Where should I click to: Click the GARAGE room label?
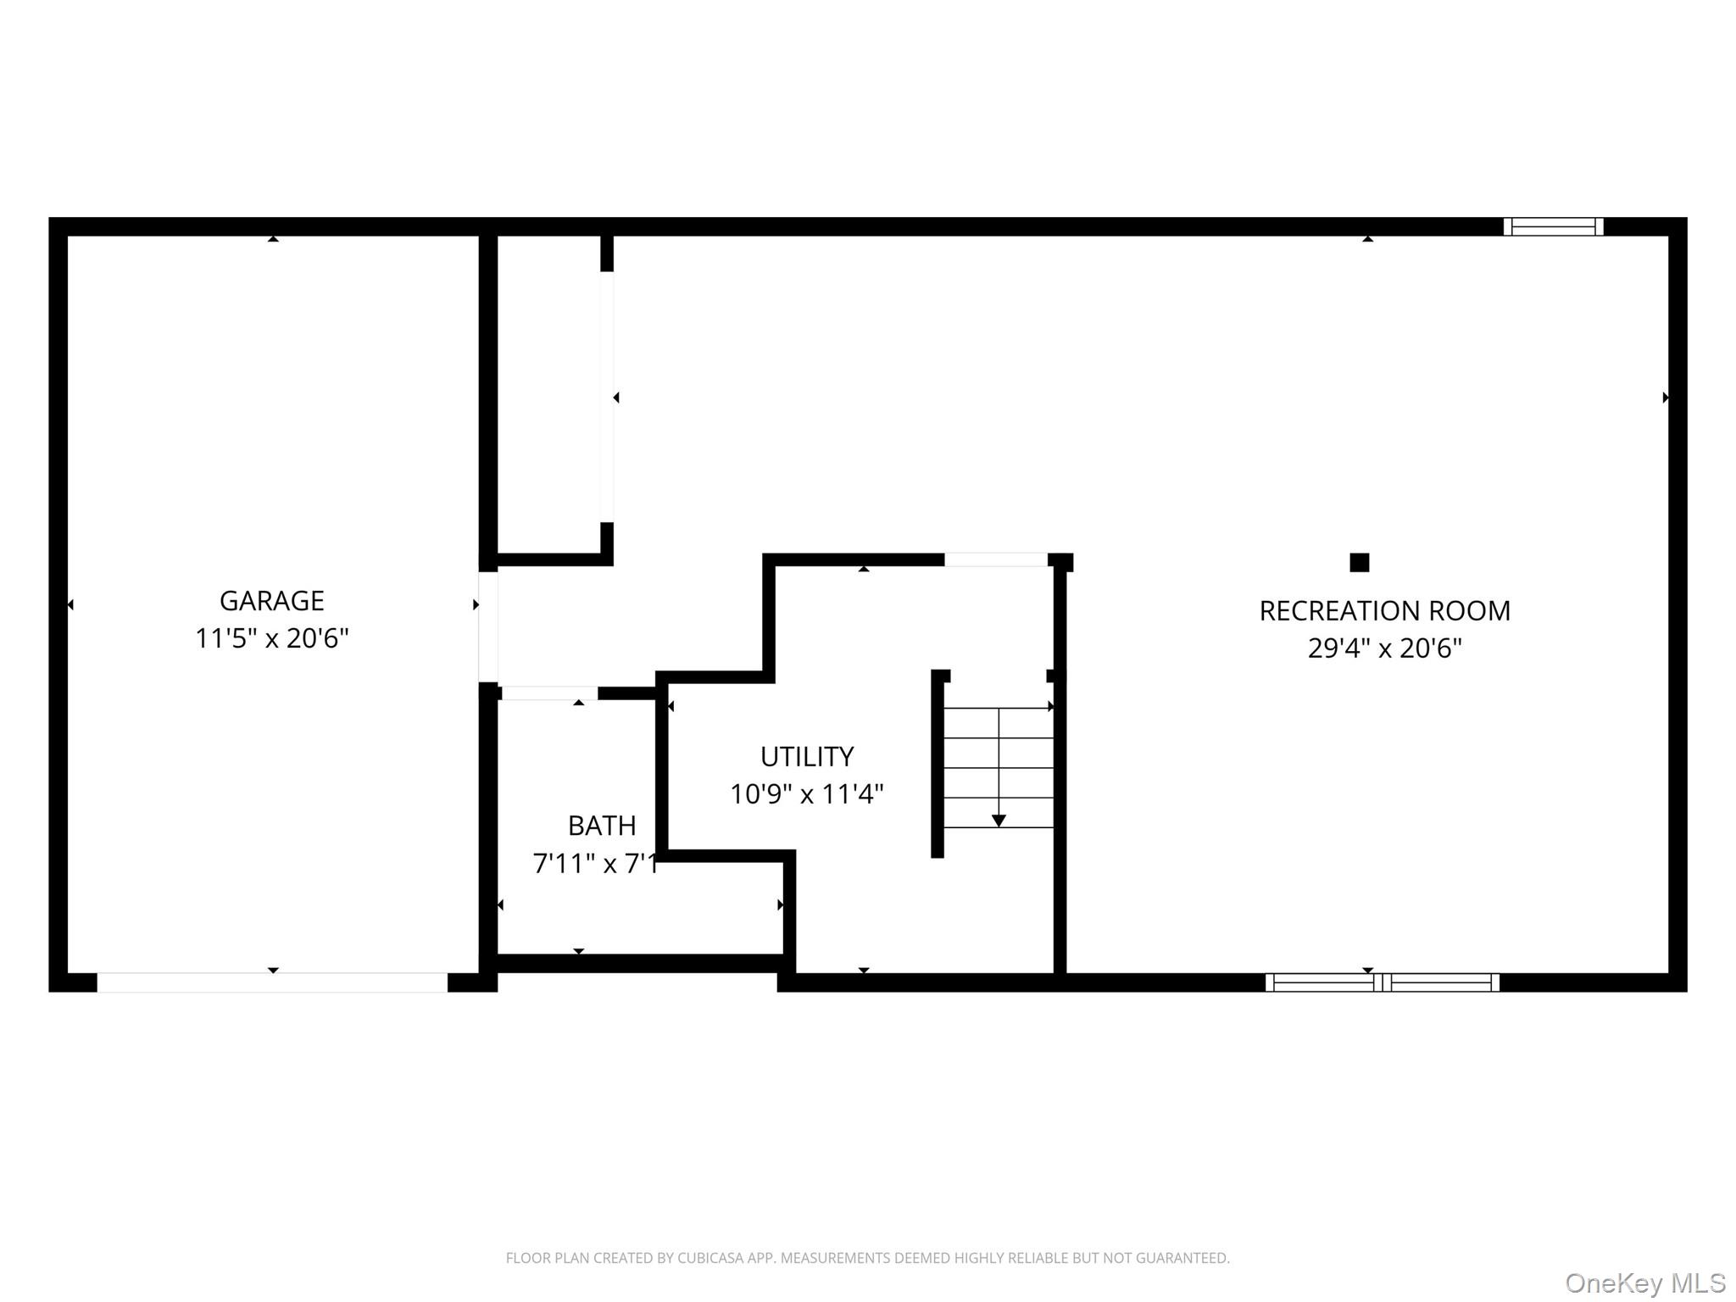tap(271, 600)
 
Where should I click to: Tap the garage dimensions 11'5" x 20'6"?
tap(271, 637)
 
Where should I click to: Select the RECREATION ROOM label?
tap(1384, 610)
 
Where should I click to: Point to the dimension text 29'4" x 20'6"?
tap(1384, 648)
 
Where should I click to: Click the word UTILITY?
tap(806, 756)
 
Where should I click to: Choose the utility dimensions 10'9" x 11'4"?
tap(806, 793)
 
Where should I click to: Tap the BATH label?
tap(601, 825)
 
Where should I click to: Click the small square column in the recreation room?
tap(1359, 562)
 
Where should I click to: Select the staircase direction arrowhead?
tap(999, 821)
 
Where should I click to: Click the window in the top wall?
tap(1553, 226)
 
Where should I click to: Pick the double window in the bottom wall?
tap(1382, 982)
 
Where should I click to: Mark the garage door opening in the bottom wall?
tap(272, 982)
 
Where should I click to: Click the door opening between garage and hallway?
tap(488, 627)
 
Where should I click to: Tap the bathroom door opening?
tap(549, 693)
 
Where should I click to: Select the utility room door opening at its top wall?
tap(995, 559)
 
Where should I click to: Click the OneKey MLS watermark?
tap(1644, 1283)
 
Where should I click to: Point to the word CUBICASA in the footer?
tap(711, 1258)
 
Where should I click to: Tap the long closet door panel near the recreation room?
tap(607, 397)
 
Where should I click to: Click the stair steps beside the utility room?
tap(999, 767)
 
